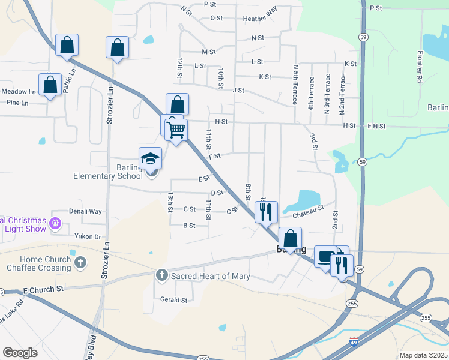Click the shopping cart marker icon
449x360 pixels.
(176, 130)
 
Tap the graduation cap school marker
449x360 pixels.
(150, 158)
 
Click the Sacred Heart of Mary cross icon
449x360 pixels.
(161, 275)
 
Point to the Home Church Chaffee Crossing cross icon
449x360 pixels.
(81, 263)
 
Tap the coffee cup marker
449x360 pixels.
(325, 256)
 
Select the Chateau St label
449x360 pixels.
(309, 211)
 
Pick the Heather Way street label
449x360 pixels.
(260, 19)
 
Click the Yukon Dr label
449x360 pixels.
(88, 236)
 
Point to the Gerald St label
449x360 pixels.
(173, 300)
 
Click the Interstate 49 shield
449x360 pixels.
(355, 342)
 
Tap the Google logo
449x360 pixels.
(20, 353)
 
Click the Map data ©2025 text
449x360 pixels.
(423, 355)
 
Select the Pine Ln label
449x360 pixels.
(17, 103)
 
